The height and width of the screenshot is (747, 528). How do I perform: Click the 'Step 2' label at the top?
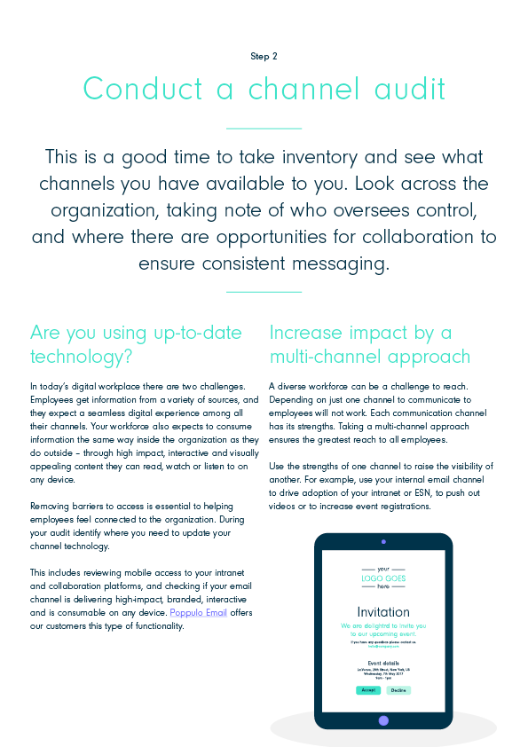(x=264, y=56)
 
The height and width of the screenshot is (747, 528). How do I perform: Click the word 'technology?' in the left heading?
(x=82, y=357)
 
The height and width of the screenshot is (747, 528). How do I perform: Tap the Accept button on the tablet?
(x=368, y=689)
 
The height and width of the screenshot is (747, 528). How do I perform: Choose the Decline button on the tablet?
(x=398, y=689)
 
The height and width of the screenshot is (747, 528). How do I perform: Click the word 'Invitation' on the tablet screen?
(x=383, y=612)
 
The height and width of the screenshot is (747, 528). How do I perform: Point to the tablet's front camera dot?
(x=383, y=540)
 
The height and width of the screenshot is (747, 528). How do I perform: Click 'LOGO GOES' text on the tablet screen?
(x=383, y=578)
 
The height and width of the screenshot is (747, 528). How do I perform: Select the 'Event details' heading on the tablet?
(x=383, y=663)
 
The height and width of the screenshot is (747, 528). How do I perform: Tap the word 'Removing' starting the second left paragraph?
(x=50, y=505)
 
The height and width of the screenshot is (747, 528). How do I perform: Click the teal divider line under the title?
(x=264, y=129)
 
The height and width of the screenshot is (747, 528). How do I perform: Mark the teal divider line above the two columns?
(x=264, y=291)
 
